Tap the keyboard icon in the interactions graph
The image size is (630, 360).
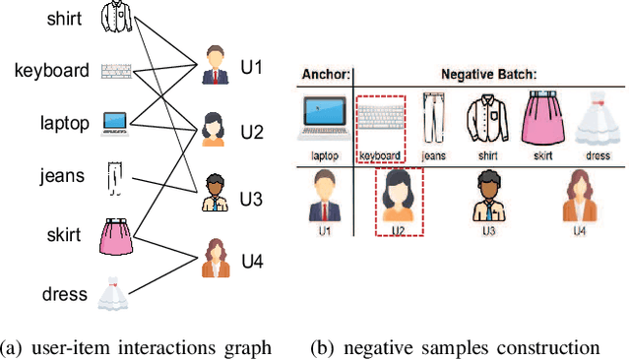[117, 70]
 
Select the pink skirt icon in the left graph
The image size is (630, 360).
[116, 236]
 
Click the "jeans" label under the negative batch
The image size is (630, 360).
[433, 155]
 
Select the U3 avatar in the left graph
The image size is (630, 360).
[215, 193]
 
